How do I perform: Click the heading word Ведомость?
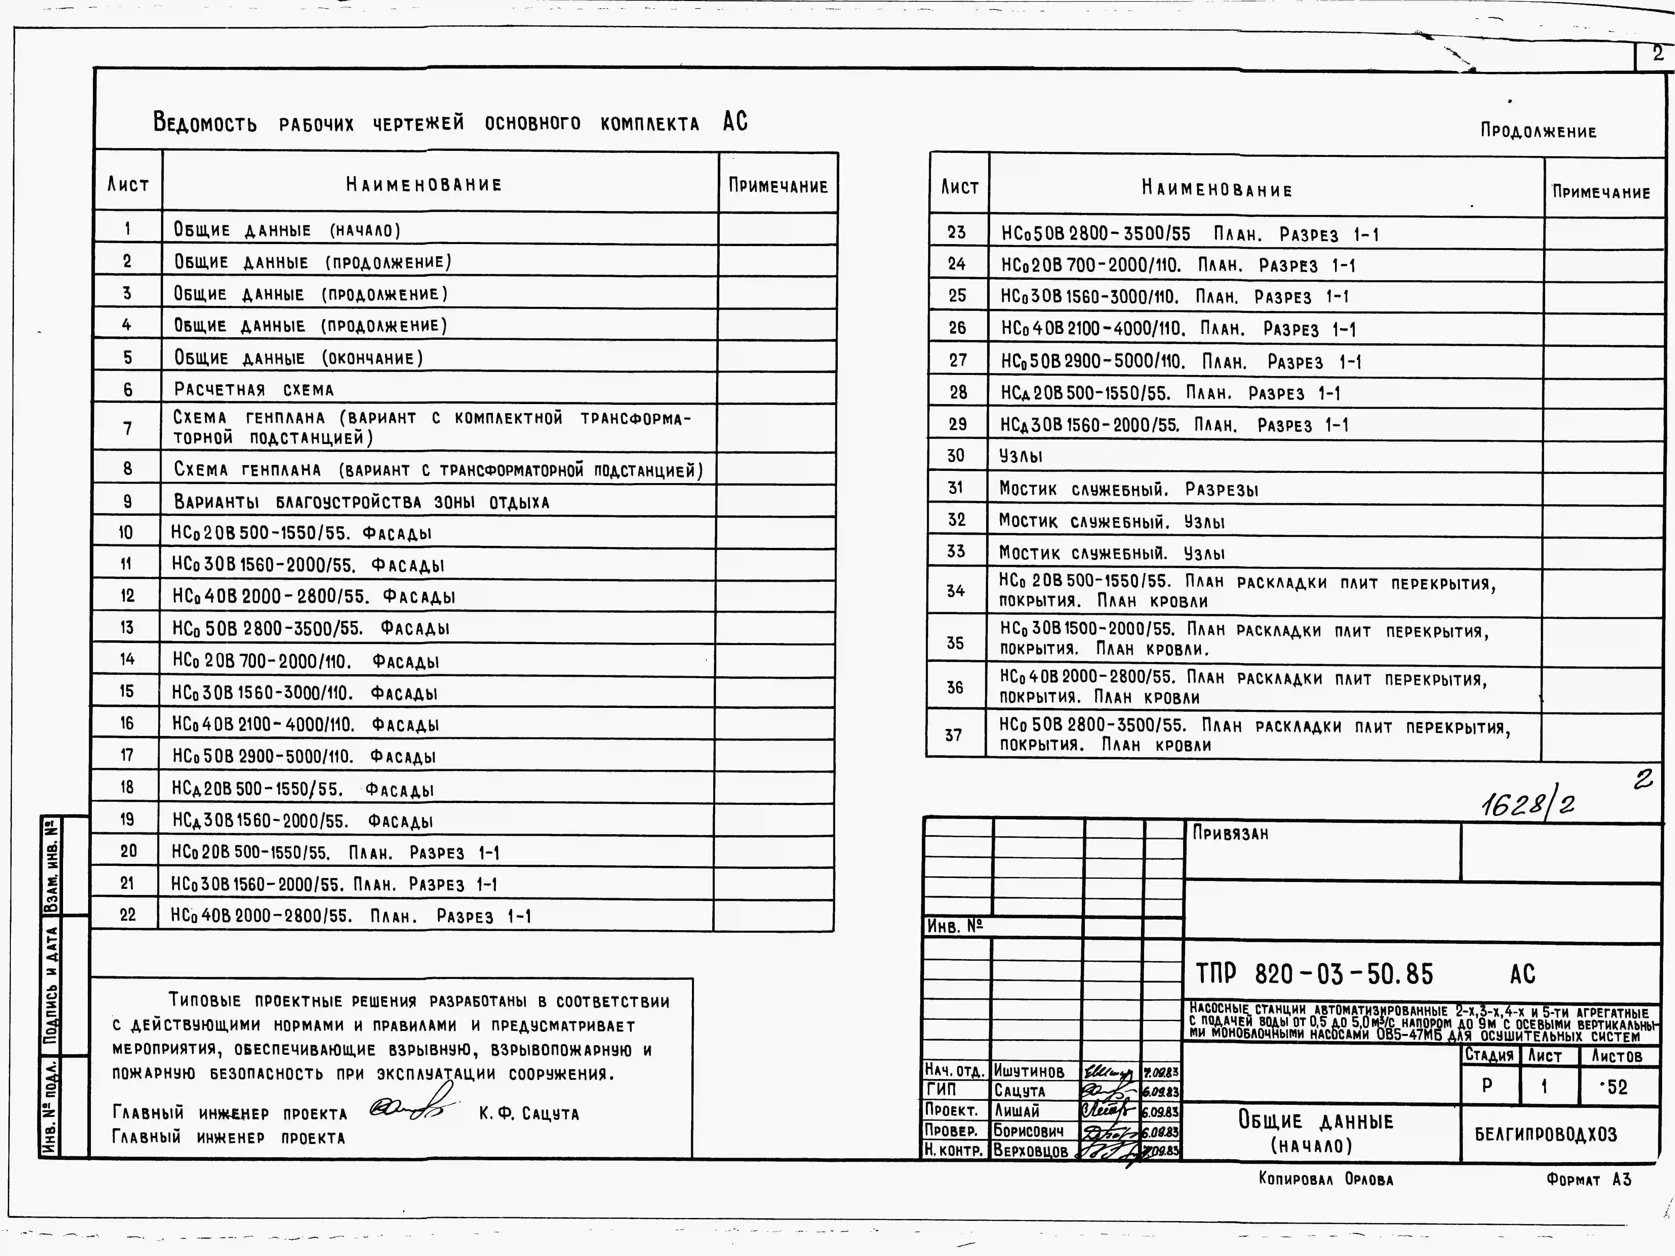(x=205, y=122)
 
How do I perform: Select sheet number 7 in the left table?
(x=127, y=429)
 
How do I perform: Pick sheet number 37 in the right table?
(x=953, y=735)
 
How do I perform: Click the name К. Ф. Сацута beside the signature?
(x=529, y=1114)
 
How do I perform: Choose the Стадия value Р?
(x=1487, y=1086)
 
